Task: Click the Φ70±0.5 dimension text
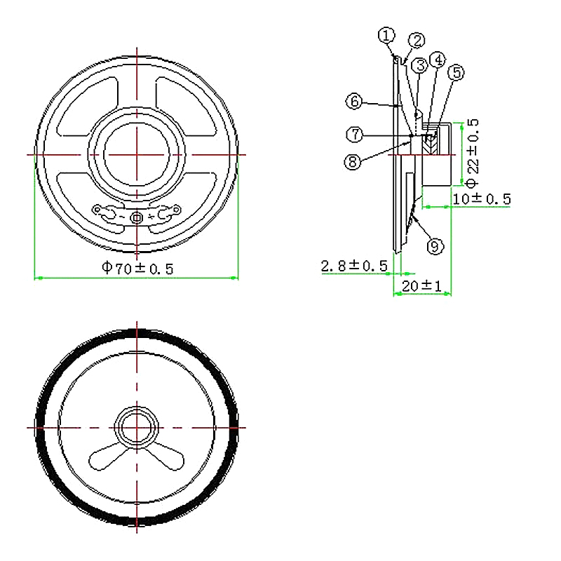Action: click(x=137, y=267)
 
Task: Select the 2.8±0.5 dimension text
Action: click(x=354, y=266)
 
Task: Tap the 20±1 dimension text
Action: click(x=421, y=286)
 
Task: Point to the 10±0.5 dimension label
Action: click(x=481, y=199)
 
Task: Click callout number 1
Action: click(x=386, y=34)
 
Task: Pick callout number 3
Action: click(x=420, y=67)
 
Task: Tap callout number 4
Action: click(x=437, y=60)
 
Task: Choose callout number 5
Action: click(x=457, y=72)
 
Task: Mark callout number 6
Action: click(x=355, y=102)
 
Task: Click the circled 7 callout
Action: click(x=355, y=133)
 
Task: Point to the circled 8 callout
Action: click(x=353, y=162)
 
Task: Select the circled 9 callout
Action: click(x=435, y=246)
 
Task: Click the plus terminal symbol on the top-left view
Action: click(x=152, y=218)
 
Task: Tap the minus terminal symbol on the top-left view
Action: click(x=122, y=218)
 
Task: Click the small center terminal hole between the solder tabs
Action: click(x=137, y=218)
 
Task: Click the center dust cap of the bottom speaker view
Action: click(x=137, y=427)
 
